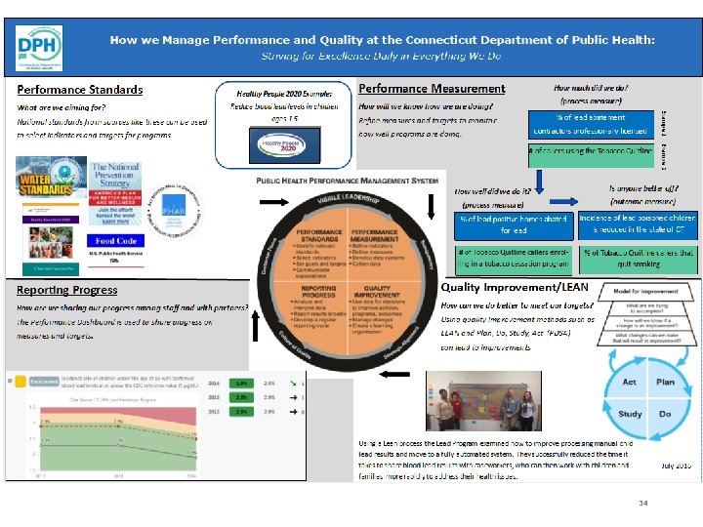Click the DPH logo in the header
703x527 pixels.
tap(39, 47)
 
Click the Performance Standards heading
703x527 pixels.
tap(80, 90)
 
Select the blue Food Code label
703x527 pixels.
tap(116, 241)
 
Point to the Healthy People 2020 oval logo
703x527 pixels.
tap(274, 146)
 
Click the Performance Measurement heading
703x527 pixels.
tap(433, 89)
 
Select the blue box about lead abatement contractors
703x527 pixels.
tap(589, 123)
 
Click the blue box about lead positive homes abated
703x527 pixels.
tap(513, 224)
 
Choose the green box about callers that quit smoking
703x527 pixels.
tap(639, 258)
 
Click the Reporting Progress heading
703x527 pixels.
tap(67, 290)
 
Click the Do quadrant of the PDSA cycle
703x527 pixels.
tap(666, 413)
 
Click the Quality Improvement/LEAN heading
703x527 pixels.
tap(515, 288)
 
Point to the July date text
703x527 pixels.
tap(676, 466)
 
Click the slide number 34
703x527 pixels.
tap(643, 503)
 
